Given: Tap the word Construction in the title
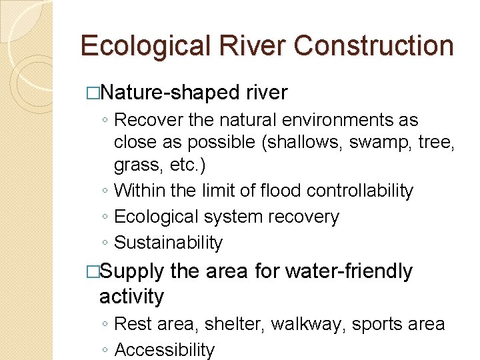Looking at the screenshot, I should [373, 46].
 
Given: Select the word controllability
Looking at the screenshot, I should [360, 191].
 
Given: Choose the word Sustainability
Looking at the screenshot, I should [169, 243].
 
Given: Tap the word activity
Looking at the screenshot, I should [131, 297].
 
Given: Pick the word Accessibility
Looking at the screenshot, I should [165, 350].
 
